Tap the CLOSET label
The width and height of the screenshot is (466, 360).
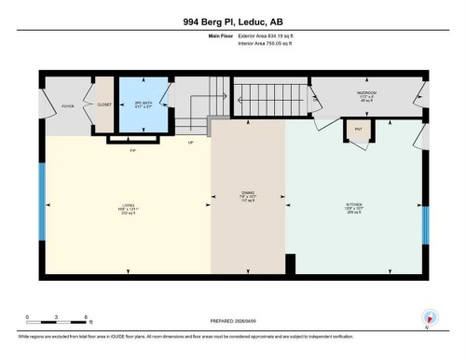(103, 104)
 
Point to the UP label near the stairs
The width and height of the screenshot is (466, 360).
(191, 143)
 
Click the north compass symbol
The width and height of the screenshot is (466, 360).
(429, 317)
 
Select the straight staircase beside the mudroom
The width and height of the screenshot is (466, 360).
(266, 95)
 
